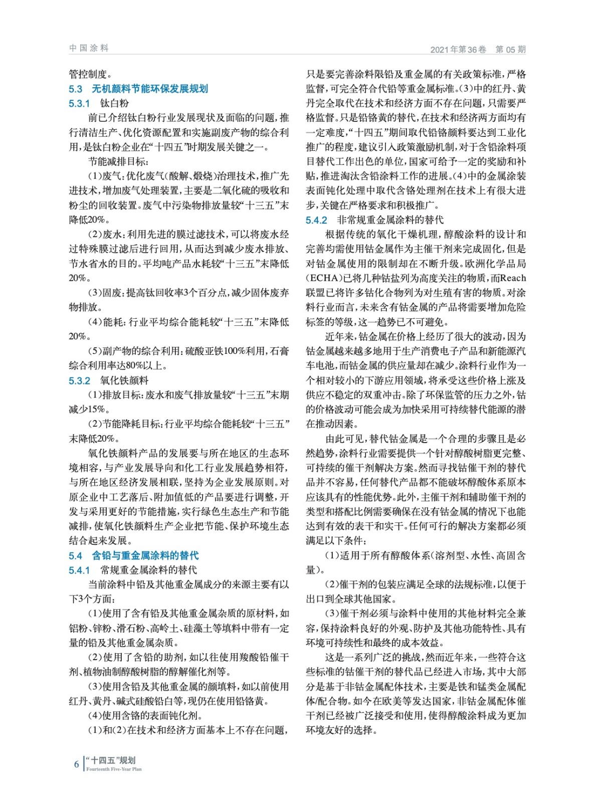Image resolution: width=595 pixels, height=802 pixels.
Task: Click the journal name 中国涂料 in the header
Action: [x=89, y=48]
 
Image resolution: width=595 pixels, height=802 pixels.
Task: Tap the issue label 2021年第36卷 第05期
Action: [x=478, y=49]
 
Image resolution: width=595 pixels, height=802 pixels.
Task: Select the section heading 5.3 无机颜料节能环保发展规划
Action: [x=138, y=89]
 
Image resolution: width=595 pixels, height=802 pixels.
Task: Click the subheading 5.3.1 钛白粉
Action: [x=99, y=103]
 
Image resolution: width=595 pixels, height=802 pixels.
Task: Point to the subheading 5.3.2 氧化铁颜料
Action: [x=108, y=380]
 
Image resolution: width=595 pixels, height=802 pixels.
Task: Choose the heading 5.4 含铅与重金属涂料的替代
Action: [x=133, y=555]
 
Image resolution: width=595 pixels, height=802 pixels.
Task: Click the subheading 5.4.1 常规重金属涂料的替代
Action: [x=133, y=570]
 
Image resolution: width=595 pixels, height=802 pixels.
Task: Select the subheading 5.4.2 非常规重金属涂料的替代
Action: [x=374, y=220]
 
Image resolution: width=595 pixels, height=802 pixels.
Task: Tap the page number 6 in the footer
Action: [x=77, y=764]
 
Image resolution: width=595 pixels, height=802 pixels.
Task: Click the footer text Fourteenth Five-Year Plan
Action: [x=114, y=769]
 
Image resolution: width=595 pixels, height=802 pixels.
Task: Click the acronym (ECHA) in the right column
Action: [x=323, y=278]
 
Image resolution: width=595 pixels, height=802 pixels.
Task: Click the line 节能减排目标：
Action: [x=118, y=161]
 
